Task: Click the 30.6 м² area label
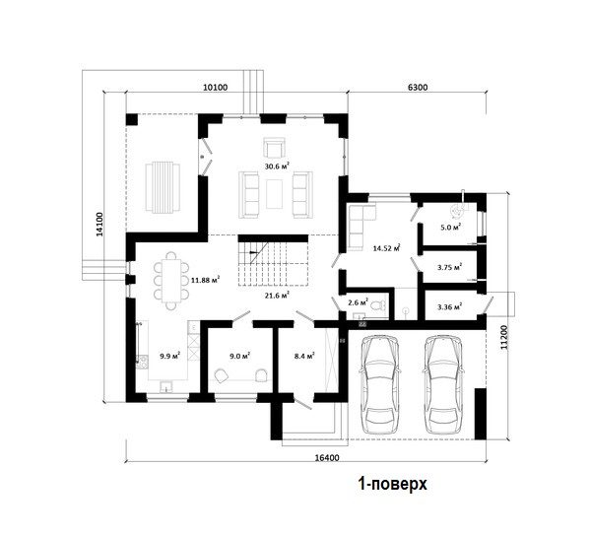pos(277,166)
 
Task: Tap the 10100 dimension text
pos(215,88)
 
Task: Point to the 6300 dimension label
pos(418,88)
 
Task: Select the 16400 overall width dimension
pos(327,458)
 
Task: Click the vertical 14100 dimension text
pos(99,225)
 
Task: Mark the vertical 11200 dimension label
pos(504,338)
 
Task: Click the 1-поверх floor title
pos(392,484)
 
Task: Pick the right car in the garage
pos(442,384)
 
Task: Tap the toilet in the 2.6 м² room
pos(379,304)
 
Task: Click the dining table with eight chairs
pos(171,281)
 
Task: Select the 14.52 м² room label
pos(386,248)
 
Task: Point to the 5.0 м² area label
pos(451,228)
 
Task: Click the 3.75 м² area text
pos(450,267)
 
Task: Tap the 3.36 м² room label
pos(450,307)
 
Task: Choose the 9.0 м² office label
pos(240,356)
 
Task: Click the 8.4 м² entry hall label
pos(304,356)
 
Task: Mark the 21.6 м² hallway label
pos(277,296)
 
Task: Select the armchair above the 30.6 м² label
pos(274,148)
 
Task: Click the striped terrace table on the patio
pos(163,187)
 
